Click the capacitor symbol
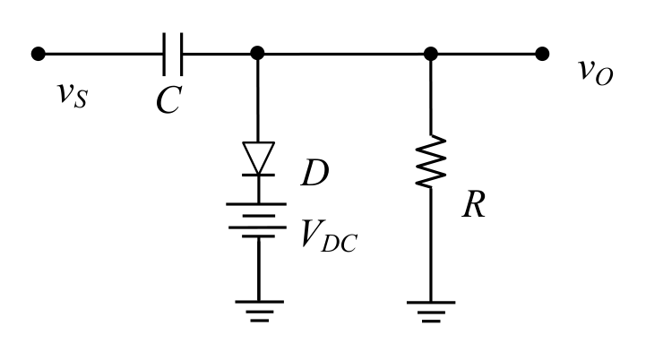tap(173, 54)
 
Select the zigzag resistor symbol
tap(431, 161)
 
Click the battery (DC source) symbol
tap(257, 220)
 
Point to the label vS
tap(73, 94)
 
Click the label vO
tap(596, 72)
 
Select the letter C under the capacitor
tap(169, 100)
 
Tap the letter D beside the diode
tap(315, 173)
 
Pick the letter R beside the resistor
tap(474, 204)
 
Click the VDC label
tap(329, 236)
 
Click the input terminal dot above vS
tap(39, 54)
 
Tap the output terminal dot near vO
tap(542, 54)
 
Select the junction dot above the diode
tap(257, 53)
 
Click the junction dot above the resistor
tap(431, 54)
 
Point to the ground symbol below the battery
tap(259, 311)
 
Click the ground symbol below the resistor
tap(431, 312)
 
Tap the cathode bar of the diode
tap(258, 175)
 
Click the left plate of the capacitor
tap(164, 55)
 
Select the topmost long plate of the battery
tap(256, 204)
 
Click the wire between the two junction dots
tap(344, 54)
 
